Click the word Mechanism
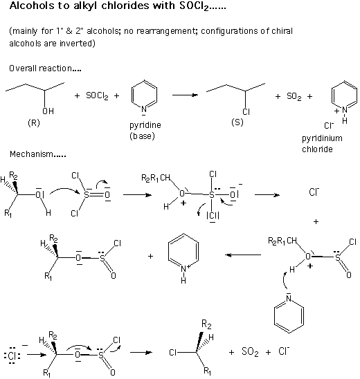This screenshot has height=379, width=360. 31,154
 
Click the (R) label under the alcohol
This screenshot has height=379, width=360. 34,123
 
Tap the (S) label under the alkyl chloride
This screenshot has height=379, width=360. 237,122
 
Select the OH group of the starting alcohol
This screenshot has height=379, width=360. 48,111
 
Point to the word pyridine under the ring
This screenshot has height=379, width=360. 145,125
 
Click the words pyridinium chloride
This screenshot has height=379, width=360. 322,144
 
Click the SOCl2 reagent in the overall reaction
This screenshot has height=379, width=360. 97,96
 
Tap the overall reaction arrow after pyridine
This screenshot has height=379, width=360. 185,95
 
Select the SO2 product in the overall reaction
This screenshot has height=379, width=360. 294,96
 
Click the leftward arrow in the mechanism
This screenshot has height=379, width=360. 243,255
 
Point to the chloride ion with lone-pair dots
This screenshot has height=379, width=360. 12,355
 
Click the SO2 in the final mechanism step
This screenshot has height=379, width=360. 250,352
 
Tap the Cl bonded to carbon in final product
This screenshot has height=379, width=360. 173,353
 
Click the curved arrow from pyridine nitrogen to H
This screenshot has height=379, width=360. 285,280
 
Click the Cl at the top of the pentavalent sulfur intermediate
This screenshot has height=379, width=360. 213,174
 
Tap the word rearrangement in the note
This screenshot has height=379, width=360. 165,31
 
